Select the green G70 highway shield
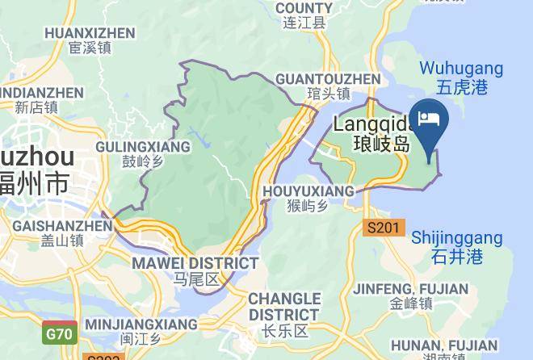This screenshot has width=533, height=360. click(x=61, y=333)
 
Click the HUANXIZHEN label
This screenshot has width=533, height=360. click(x=90, y=33)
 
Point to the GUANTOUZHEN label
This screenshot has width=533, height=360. click(x=327, y=79)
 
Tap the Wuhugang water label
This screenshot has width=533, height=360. click(x=462, y=69)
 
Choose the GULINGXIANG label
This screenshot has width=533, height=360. click(x=143, y=147)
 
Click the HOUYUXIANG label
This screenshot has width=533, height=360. click(x=308, y=191)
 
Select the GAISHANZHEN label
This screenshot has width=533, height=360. click(x=61, y=226)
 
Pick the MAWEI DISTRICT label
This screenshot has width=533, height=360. click(x=195, y=263)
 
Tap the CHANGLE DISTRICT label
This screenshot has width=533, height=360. click(x=283, y=306)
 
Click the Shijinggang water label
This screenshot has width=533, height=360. click(x=457, y=238)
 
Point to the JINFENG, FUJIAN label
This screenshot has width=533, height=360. click(x=411, y=289)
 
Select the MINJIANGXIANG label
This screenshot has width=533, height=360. click(x=141, y=324)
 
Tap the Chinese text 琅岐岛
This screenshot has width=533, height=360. click(x=382, y=145)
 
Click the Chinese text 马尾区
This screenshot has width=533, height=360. click(x=195, y=279)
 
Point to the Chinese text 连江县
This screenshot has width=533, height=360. click(x=304, y=23)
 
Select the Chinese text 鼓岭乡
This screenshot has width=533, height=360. click(x=143, y=161)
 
